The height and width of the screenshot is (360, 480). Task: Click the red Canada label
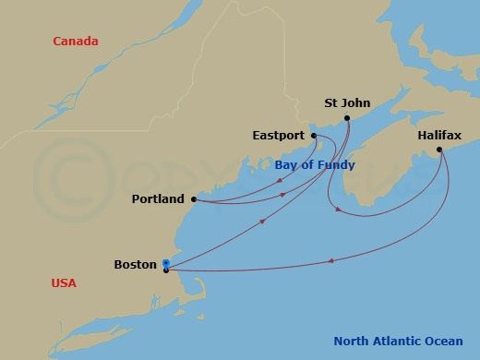click(x=77, y=42)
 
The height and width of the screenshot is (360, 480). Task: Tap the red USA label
click(x=64, y=283)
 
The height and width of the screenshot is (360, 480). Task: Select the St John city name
click(x=348, y=103)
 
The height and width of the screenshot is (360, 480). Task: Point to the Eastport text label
click(x=278, y=136)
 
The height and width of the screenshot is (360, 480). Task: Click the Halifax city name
click(x=438, y=135)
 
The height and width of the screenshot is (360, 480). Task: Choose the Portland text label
click(x=158, y=199)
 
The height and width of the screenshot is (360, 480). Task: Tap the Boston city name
click(x=135, y=265)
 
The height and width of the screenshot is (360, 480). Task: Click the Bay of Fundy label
click(x=315, y=165)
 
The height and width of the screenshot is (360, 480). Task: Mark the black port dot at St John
click(x=349, y=118)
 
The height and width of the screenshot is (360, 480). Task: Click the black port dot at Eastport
click(x=314, y=136)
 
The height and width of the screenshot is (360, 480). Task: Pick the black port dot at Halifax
click(x=439, y=150)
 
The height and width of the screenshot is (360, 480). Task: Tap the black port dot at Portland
click(x=193, y=198)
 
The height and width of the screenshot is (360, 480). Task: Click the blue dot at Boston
click(x=165, y=263)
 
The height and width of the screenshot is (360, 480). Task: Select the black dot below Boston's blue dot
click(x=165, y=270)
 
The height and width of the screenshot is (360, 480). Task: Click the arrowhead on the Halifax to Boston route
click(x=330, y=261)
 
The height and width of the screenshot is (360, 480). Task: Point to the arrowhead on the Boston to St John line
click(x=263, y=222)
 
